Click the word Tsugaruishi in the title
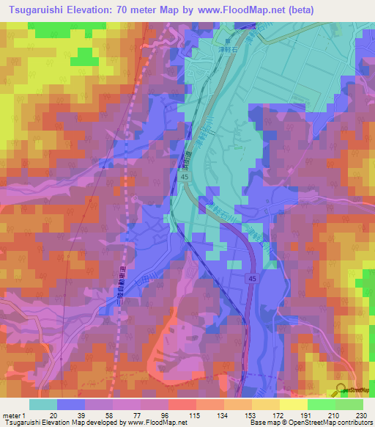[x=34, y=10]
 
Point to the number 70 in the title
[x=122, y=10]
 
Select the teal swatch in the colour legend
[x=43, y=404]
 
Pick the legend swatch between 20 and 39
[x=71, y=404]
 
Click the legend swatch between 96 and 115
[x=182, y=404]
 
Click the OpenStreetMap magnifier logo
[x=341, y=391]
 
